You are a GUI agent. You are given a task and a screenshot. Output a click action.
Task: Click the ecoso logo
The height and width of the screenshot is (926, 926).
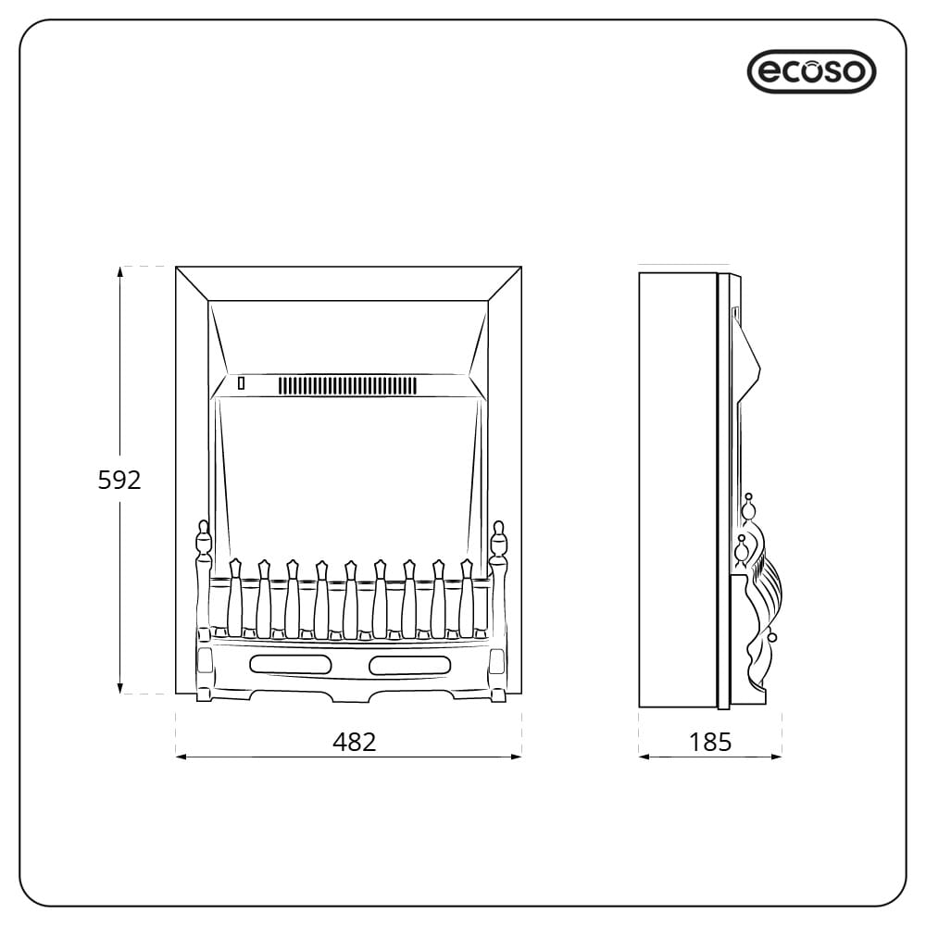pos(811,71)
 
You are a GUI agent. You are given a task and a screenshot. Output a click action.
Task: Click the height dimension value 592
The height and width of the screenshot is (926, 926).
pos(119,480)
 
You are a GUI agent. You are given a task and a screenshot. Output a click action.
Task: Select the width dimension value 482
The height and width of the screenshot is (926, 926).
pos(355,742)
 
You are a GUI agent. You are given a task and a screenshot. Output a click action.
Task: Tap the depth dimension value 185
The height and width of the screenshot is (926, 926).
pos(710,742)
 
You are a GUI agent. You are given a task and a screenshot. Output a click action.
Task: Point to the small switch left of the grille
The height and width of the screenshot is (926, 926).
pos(242,382)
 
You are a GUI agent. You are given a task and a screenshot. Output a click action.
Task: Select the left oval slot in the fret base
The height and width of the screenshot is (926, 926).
pos(289,664)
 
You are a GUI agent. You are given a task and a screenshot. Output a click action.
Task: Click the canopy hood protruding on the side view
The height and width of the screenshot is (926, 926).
pos(747,357)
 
